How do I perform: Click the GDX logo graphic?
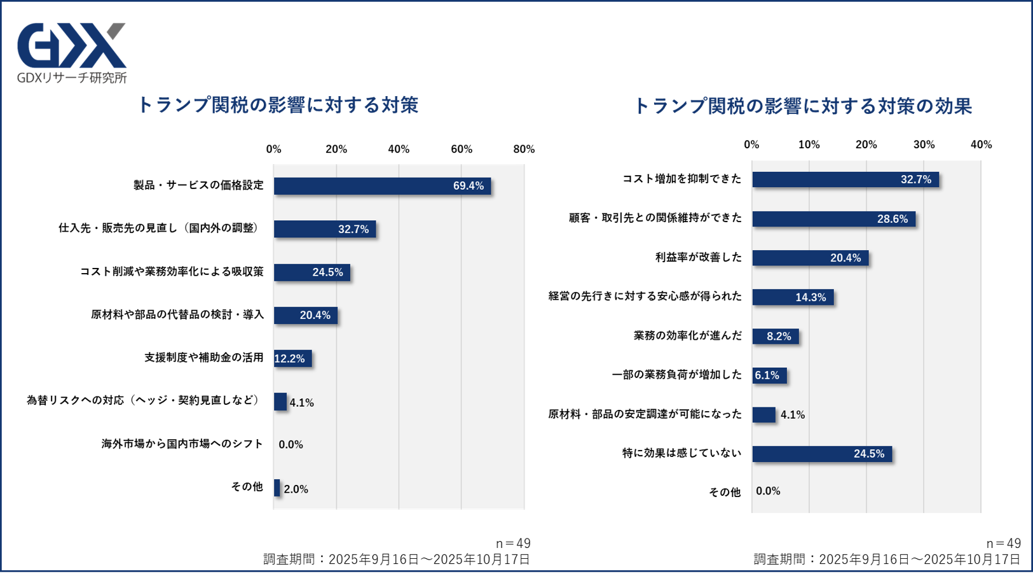coord(71,46)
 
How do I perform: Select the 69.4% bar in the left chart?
coord(382,186)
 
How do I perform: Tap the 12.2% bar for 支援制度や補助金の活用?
coord(292,359)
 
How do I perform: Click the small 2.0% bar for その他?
coord(277,488)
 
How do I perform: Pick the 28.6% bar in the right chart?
coord(833,219)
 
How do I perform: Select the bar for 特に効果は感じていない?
coord(822,454)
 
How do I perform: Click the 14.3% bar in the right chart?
coord(793,297)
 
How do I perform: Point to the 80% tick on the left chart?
coord(524,150)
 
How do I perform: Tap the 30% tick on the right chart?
coord(924,145)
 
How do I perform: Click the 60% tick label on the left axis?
coord(462,150)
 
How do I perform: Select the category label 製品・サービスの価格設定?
coord(198,185)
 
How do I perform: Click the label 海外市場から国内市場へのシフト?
coord(182,444)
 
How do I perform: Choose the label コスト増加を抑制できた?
coord(681,179)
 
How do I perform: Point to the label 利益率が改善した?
coord(699,257)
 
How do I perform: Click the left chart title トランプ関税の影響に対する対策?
coord(278,105)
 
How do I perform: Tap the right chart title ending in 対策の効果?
coord(803,106)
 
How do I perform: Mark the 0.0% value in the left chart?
coord(291,445)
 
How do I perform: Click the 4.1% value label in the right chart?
coord(793,415)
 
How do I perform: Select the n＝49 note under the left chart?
coord(513,544)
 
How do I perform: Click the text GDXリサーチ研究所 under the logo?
coord(72,78)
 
